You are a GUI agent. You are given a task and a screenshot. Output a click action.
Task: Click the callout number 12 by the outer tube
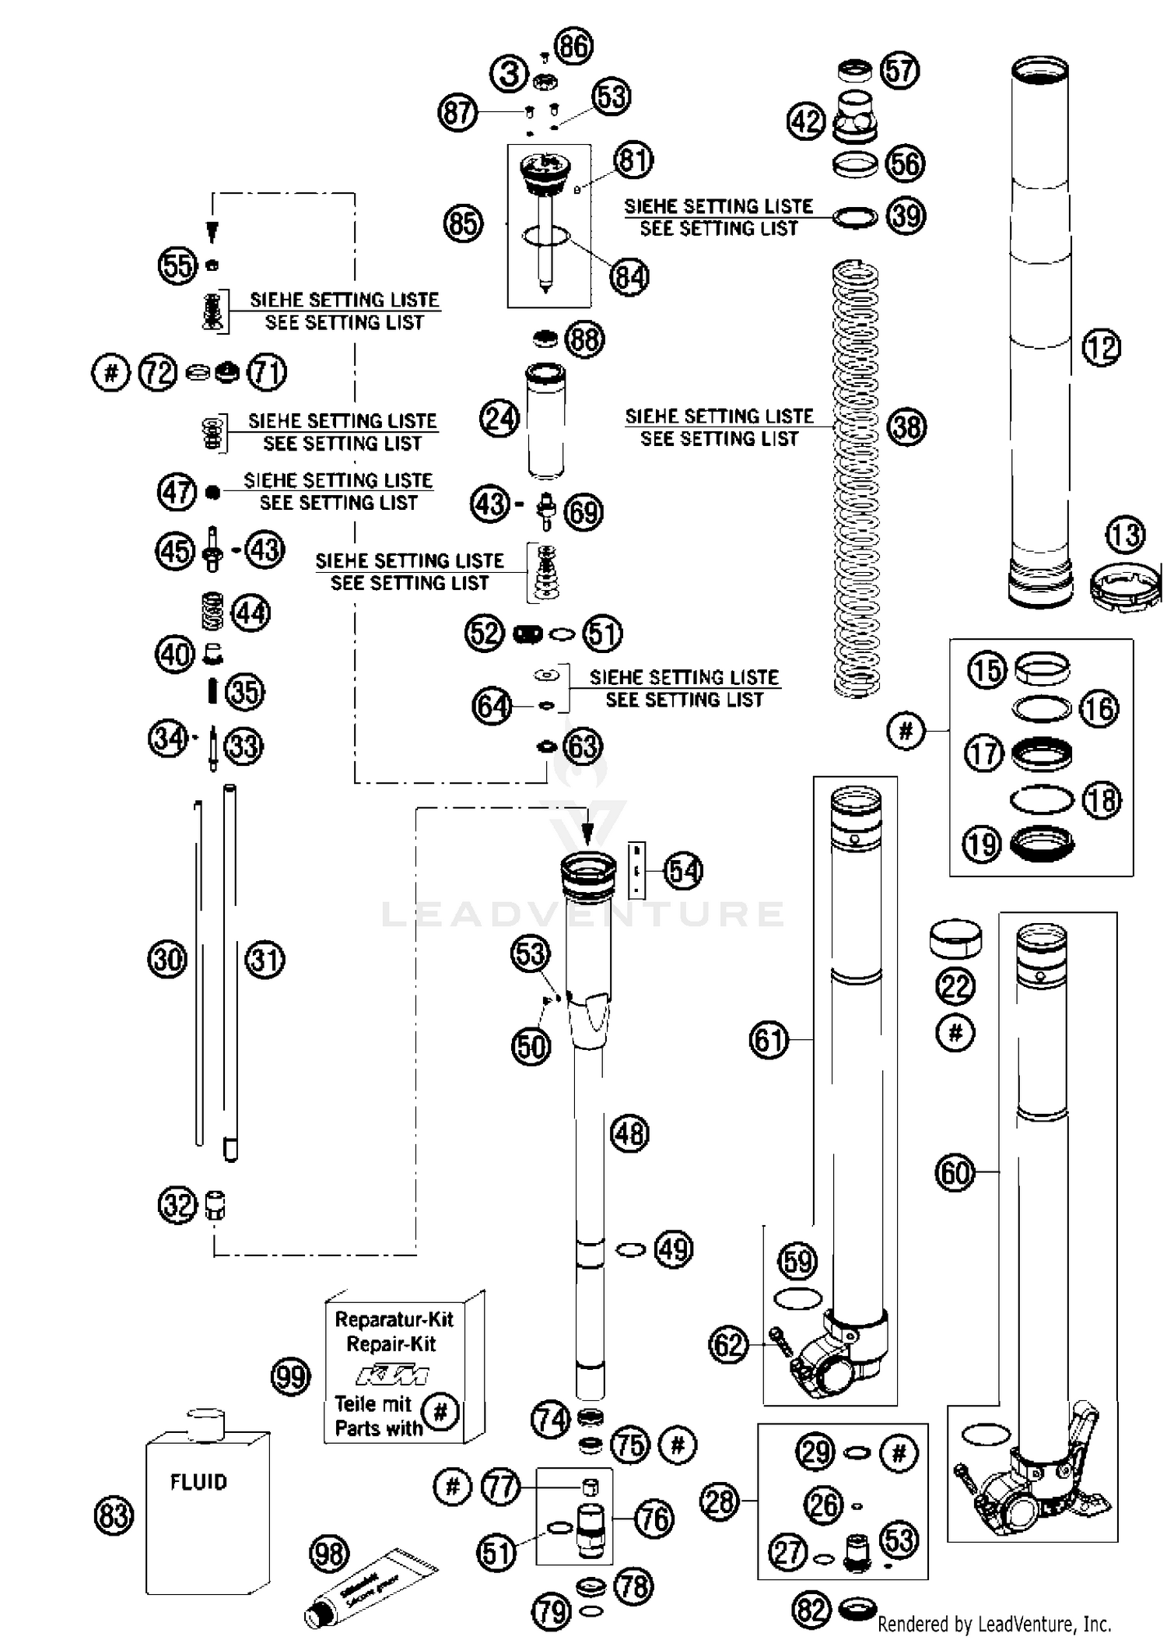click(1101, 347)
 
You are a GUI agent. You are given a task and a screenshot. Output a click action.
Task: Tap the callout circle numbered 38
click(906, 427)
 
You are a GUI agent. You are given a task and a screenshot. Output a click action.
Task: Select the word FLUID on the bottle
click(198, 1481)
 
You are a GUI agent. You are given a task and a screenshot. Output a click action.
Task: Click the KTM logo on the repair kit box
click(391, 1375)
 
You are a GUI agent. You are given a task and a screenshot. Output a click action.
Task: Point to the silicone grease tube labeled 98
click(372, 1586)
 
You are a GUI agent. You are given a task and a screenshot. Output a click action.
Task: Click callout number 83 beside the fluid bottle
click(114, 1515)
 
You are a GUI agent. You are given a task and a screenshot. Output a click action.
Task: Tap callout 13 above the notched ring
click(1124, 535)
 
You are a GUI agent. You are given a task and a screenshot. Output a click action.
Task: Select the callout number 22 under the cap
click(955, 987)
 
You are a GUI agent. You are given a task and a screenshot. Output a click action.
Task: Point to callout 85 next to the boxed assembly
click(463, 223)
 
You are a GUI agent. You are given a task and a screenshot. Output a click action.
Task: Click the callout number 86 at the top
click(574, 46)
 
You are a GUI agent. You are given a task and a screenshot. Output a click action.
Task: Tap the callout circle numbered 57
click(899, 71)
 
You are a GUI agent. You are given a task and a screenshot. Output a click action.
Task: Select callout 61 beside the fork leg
click(769, 1039)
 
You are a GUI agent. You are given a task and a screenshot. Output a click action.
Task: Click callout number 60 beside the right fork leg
click(955, 1172)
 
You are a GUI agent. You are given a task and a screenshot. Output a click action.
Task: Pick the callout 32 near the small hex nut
click(177, 1206)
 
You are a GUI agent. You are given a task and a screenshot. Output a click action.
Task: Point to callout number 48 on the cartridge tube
click(629, 1133)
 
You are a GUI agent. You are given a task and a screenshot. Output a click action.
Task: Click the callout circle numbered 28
click(719, 1500)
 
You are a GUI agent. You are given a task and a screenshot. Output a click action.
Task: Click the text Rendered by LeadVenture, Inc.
click(994, 1624)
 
